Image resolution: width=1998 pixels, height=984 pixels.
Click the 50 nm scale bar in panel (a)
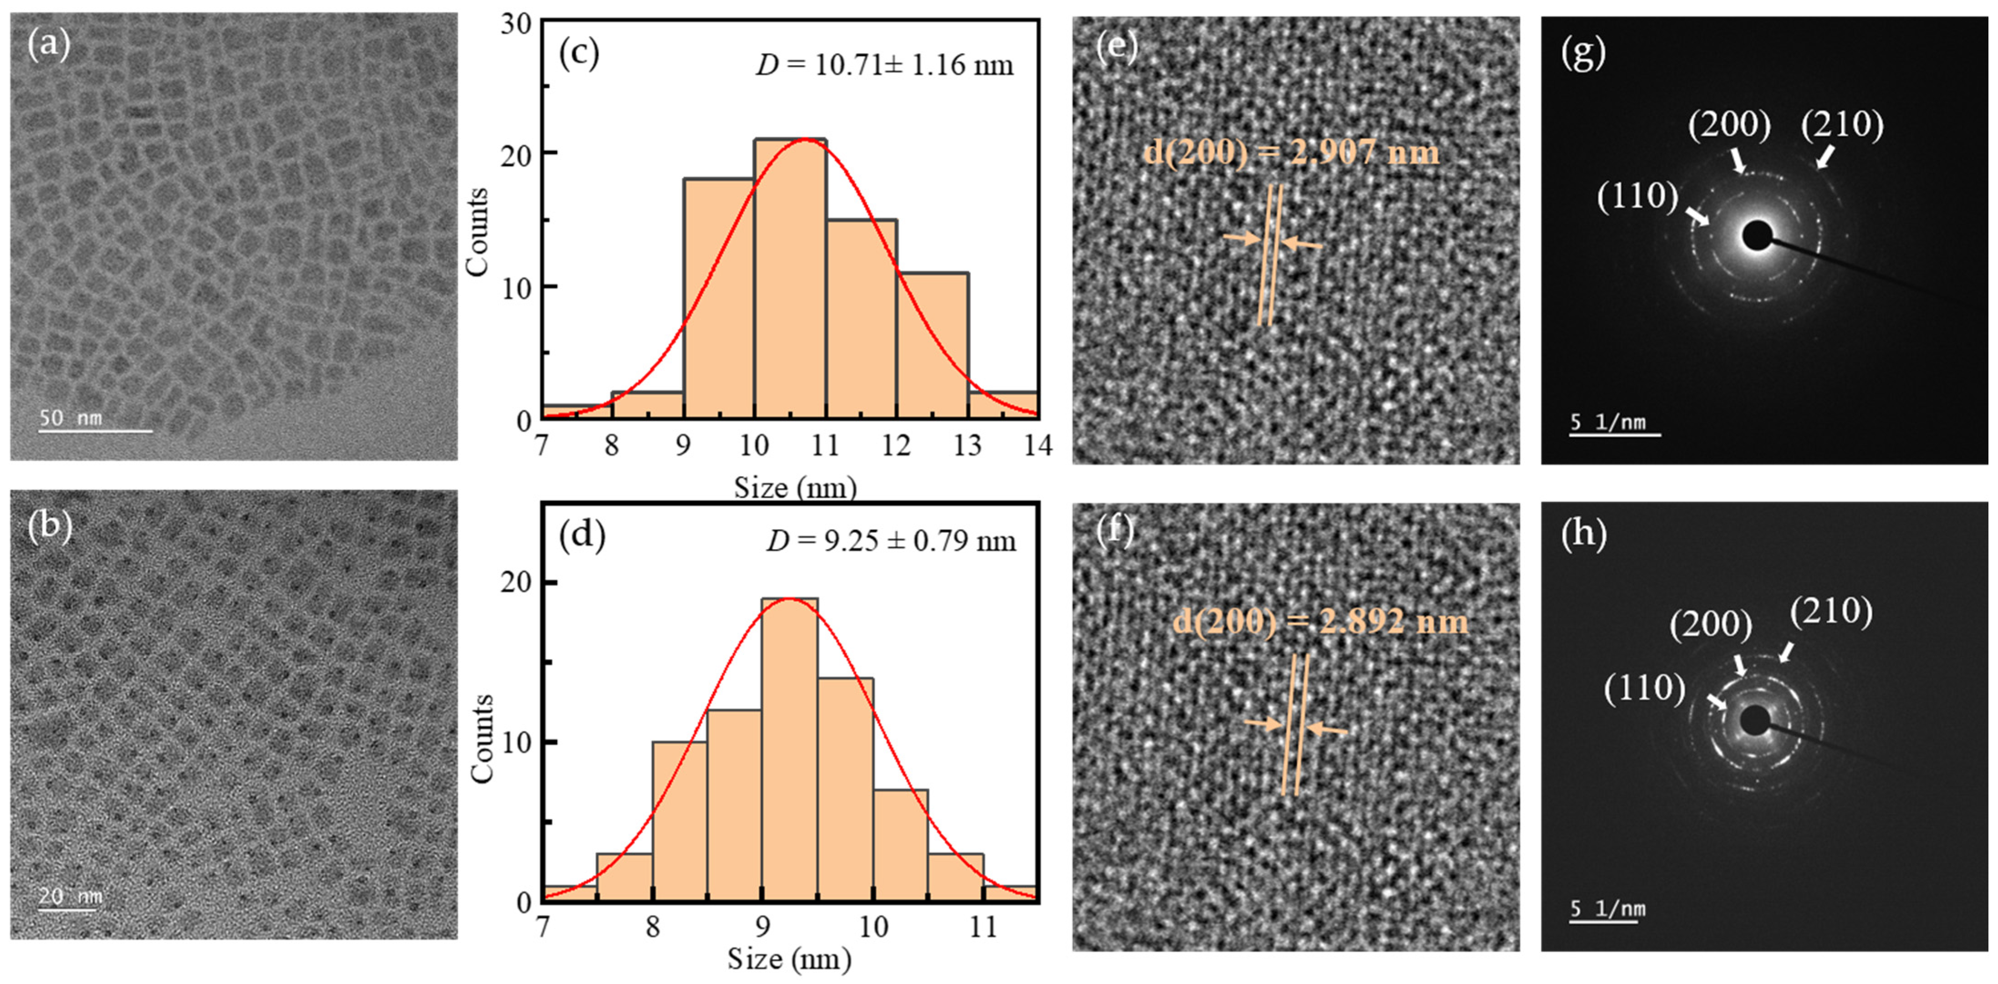click(95, 429)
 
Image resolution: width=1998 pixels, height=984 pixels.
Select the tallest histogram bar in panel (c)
click(790, 279)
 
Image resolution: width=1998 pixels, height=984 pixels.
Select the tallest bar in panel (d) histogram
click(789, 748)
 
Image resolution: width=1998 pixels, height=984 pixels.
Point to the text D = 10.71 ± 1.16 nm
click(884, 64)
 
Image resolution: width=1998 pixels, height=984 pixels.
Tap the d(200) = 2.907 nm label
click(1291, 152)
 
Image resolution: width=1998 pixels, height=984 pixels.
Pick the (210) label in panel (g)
click(1842, 124)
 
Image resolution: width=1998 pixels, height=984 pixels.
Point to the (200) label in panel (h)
click(1710, 624)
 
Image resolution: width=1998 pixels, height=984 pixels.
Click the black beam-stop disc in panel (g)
click(1757, 236)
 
